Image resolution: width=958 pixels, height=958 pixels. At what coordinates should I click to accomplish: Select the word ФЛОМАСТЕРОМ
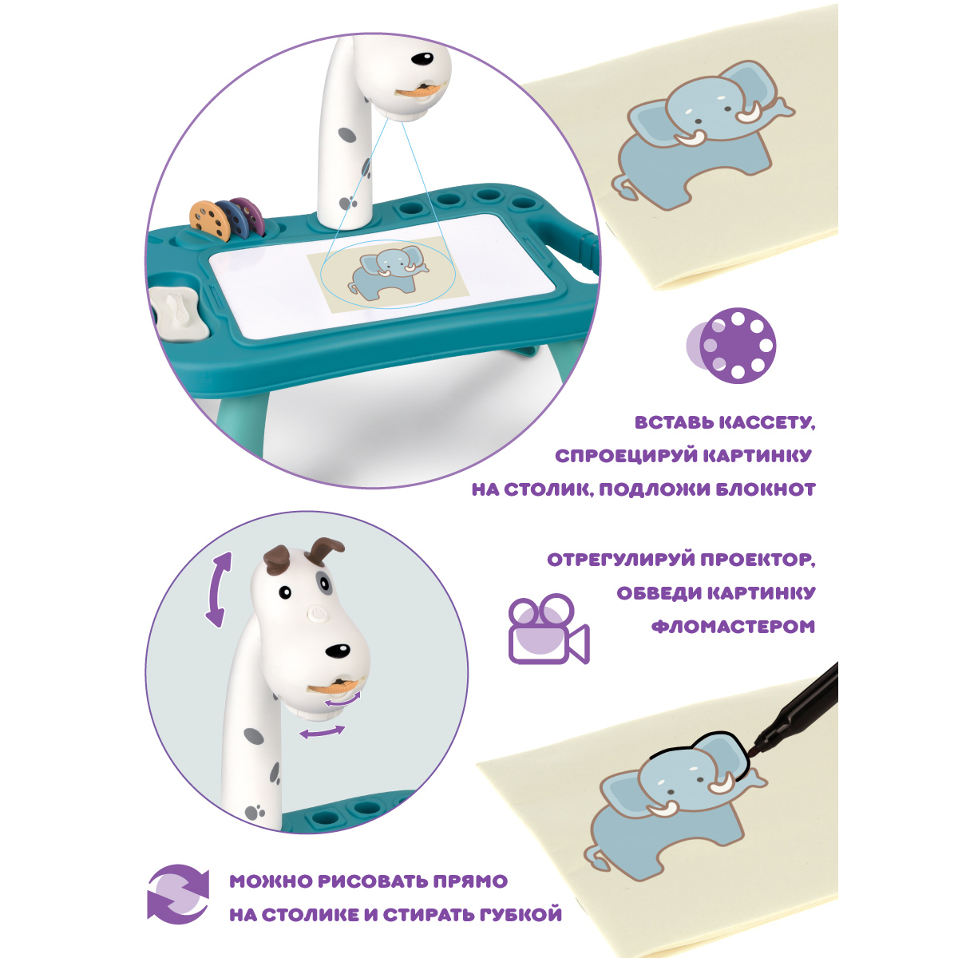click(x=733, y=627)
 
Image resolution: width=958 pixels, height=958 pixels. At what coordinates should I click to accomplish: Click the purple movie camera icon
click(x=548, y=628)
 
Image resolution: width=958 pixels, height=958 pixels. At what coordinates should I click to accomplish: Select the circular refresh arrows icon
click(x=179, y=901)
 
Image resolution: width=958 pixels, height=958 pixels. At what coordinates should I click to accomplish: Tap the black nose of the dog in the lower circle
click(x=338, y=651)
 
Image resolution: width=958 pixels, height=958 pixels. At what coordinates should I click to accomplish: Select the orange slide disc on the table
click(x=210, y=220)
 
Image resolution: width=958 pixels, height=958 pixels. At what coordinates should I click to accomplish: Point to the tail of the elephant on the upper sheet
click(x=623, y=189)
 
